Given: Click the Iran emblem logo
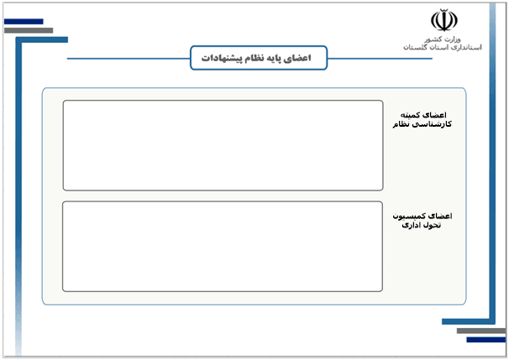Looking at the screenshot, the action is (x=444, y=20).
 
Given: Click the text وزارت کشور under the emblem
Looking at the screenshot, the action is (x=443, y=39).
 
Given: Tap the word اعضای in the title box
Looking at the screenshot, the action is (x=301, y=58).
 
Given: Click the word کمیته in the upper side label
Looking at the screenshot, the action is (x=410, y=115).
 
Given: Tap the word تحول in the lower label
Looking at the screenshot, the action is (x=432, y=225).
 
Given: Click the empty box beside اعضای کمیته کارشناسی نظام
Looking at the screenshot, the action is (x=223, y=145).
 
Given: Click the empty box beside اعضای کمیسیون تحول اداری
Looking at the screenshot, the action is (x=223, y=247).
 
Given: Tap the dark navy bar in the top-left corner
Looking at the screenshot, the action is (x=24, y=22).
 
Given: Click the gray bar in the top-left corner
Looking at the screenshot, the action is (x=29, y=30).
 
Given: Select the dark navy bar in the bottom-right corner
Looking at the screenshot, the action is (x=486, y=340).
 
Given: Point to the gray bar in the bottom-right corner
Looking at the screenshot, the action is (x=481, y=331).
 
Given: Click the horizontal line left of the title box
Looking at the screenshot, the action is (x=129, y=59).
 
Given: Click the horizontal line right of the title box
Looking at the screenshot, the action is (x=380, y=59).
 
